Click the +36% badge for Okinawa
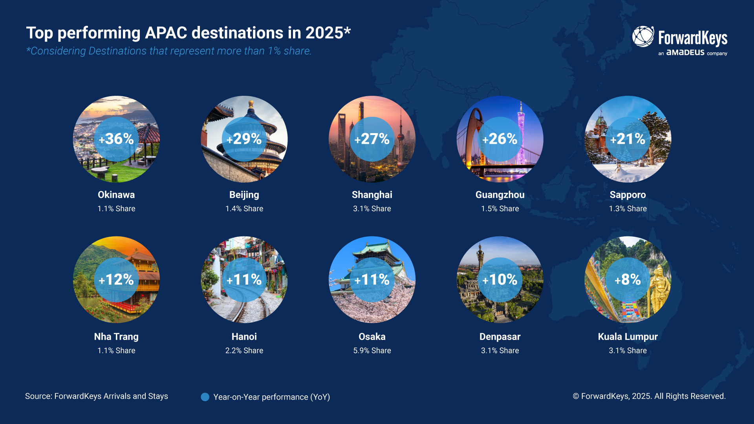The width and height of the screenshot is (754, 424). tap(116, 139)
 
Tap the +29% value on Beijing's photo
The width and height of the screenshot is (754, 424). tap(244, 139)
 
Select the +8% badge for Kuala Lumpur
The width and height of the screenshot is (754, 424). tap(628, 280)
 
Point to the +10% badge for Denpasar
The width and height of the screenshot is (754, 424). tap(500, 280)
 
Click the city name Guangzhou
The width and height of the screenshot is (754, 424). tap(500, 195)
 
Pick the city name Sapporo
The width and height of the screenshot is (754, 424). tap(628, 195)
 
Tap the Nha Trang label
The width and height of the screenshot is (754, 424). tap(116, 336)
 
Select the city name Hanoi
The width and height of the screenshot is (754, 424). tap(244, 336)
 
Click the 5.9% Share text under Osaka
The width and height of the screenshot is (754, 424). tap(372, 351)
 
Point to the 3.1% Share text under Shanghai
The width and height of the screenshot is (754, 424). tap(372, 209)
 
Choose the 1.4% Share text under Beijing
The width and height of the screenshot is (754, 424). tap(244, 209)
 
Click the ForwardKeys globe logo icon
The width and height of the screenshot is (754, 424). tap(643, 37)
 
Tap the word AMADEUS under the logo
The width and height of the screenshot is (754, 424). tap(685, 53)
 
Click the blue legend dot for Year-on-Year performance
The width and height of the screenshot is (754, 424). tap(205, 397)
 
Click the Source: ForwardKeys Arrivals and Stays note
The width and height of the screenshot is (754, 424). tap(97, 396)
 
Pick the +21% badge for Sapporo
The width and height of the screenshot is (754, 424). tap(628, 139)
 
